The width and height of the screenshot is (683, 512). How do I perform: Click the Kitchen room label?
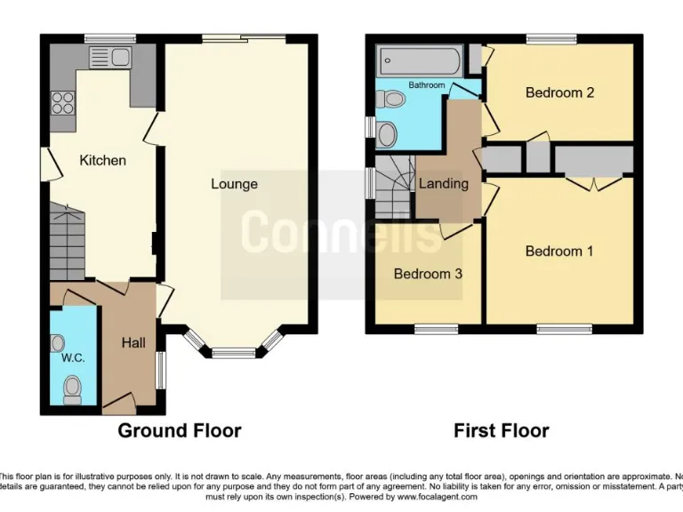[103, 161]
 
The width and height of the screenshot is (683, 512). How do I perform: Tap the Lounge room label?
[234, 184]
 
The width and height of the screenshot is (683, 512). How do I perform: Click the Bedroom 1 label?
[558, 252]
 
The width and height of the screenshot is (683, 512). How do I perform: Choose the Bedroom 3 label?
[428, 274]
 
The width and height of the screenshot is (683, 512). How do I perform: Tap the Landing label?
[443, 184]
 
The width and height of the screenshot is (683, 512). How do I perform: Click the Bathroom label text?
[426, 85]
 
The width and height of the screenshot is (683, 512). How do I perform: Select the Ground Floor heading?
[181, 431]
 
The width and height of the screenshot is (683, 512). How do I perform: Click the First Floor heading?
[502, 431]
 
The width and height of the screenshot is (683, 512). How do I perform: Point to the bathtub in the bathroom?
[419, 61]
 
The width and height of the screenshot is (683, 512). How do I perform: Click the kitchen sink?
[111, 58]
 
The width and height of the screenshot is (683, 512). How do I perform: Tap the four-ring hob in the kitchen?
[63, 103]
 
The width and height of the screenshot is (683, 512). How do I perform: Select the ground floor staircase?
[65, 240]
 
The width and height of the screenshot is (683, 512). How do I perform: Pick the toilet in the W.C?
[72, 388]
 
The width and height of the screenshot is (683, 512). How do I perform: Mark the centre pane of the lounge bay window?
[233, 352]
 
